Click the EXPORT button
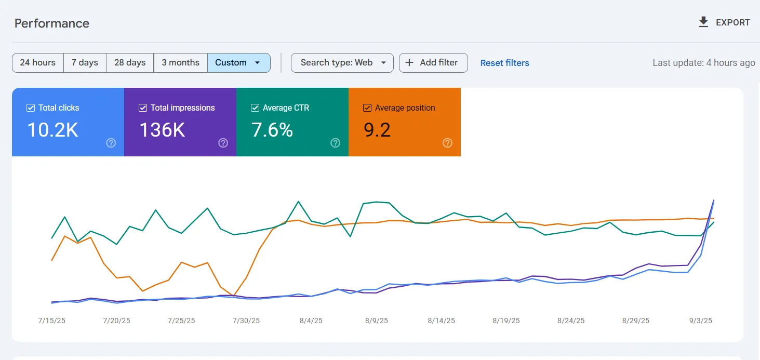pos(724,22)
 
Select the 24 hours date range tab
pos(37,62)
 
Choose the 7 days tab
pos(85,62)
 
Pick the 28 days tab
pos(130,62)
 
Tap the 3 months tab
pos(180,62)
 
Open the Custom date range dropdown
pos(238,62)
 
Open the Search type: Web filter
pos(342,62)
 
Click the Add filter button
pos(433,62)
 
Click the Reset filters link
pos(504,63)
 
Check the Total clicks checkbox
pos(30,108)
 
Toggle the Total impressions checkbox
pos(142,108)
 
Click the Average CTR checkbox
pos(255,108)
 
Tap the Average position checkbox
pos(367,108)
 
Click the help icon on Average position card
pos(447,143)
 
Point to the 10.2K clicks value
pos(52,130)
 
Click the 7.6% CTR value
pos(272,130)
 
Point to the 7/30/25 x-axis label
pos(246,321)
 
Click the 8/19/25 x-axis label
pos(506,321)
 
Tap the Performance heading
pos(52,23)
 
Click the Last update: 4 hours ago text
pos(703,63)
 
